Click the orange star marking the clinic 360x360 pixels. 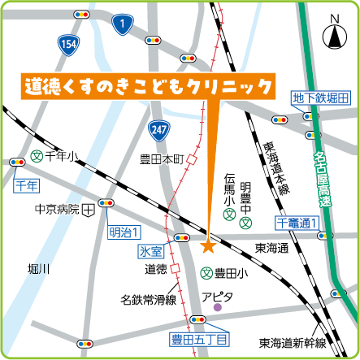click(x=208, y=245)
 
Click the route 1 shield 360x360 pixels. click(x=122, y=26)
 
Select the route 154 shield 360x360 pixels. click(x=68, y=42)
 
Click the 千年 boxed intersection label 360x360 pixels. click(x=26, y=185)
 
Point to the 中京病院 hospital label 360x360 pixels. click(x=56, y=209)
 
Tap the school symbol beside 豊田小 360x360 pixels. click(x=208, y=273)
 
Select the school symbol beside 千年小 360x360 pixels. click(x=36, y=155)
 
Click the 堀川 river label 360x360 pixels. click(x=38, y=268)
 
